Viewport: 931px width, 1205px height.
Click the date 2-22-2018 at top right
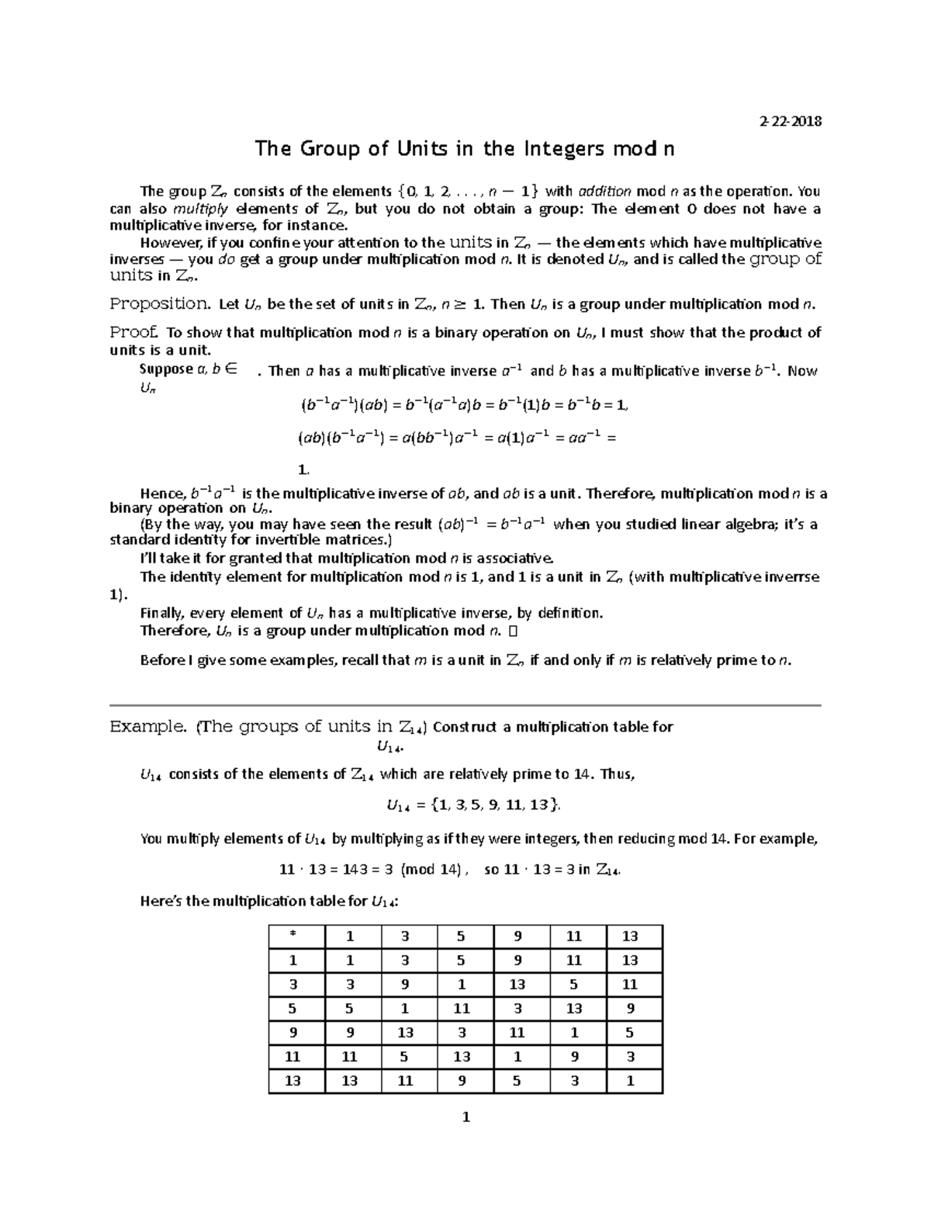pyautogui.click(x=790, y=121)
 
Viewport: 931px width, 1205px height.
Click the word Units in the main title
pyautogui.click(x=421, y=149)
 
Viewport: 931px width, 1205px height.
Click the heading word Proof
pyautogui.click(x=135, y=332)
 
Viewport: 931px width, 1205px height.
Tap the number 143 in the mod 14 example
pyautogui.click(x=348, y=870)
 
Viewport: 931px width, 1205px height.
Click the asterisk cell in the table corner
pyautogui.click(x=293, y=937)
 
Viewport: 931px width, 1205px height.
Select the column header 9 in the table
pyautogui.click(x=517, y=937)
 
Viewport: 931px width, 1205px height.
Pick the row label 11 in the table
pyautogui.click(x=293, y=1057)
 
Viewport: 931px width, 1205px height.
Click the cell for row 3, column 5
pyautogui.click(x=462, y=985)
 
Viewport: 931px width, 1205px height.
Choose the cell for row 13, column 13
pyautogui.click(x=630, y=1081)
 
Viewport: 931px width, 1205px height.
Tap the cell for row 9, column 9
pyautogui.click(x=517, y=1033)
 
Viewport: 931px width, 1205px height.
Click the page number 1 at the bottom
pyautogui.click(x=465, y=1118)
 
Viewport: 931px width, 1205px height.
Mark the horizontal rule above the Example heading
pyautogui.click(x=465, y=705)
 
